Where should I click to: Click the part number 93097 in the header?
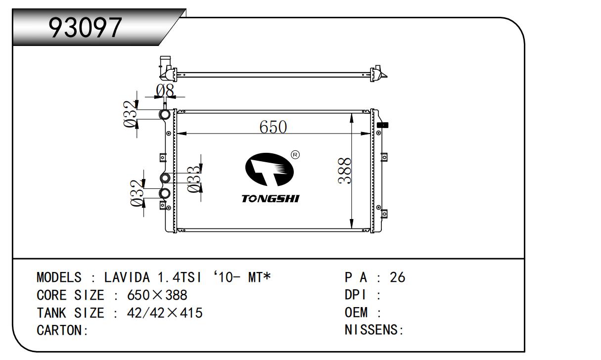[x=85, y=27]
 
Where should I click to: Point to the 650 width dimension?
[x=273, y=127]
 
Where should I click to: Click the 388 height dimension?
[x=344, y=171]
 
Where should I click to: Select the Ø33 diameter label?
[x=194, y=179]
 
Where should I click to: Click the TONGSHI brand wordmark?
[x=271, y=198]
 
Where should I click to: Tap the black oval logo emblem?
[x=270, y=169]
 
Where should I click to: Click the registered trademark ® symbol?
[x=295, y=155]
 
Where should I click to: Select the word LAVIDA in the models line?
[x=127, y=277]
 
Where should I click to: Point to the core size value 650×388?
[x=157, y=295]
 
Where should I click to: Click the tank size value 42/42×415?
[x=165, y=313]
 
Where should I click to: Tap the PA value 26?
[x=397, y=277]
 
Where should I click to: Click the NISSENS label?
[x=374, y=330]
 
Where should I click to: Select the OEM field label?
[x=356, y=312]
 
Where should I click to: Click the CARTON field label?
[x=62, y=330]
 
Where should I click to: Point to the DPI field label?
[x=355, y=295]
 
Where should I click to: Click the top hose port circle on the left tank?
[x=164, y=115]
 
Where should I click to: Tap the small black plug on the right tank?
[x=382, y=125]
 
